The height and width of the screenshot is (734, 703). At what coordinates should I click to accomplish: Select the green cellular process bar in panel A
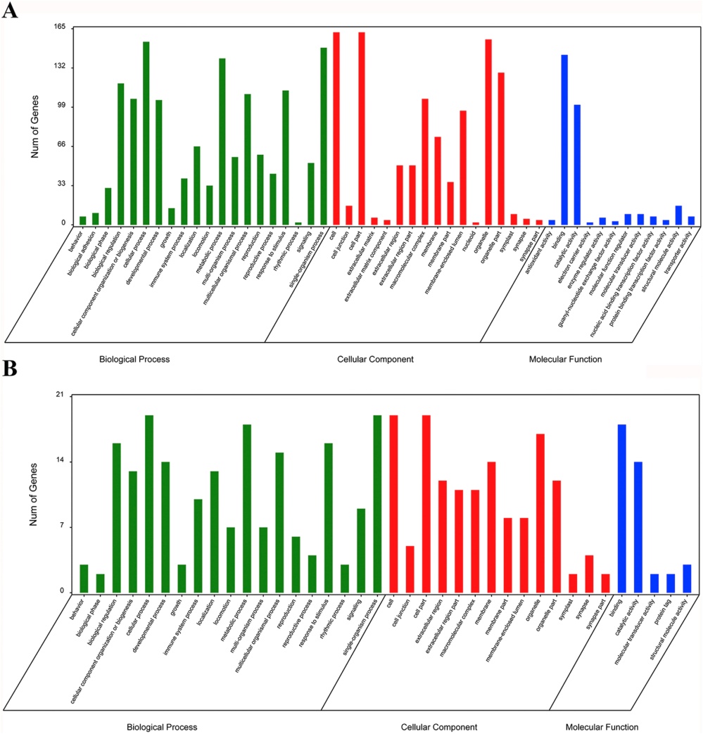pyautogui.click(x=146, y=133)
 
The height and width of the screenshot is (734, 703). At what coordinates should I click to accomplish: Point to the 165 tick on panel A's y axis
pyautogui.click(x=58, y=27)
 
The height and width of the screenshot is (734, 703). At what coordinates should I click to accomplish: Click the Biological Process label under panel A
pyautogui.click(x=134, y=359)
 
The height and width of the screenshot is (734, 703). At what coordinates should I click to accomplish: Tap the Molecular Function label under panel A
pyautogui.click(x=565, y=359)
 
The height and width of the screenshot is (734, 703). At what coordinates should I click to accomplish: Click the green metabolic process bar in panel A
pyautogui.click(x=222, y=141)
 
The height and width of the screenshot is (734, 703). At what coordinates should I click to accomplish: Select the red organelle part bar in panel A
pyautogui.click(x=501, y=148)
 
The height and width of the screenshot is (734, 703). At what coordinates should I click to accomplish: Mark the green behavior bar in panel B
pyautogui.click(x=84, y=578)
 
